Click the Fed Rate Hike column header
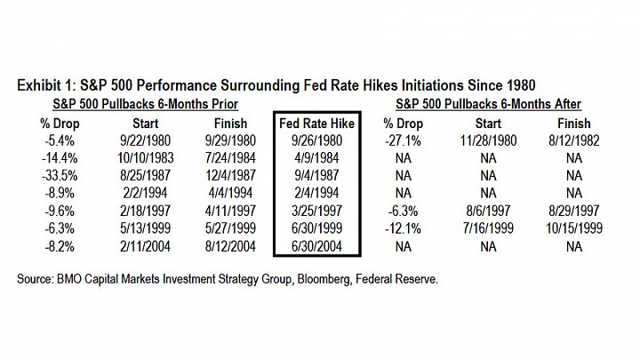tap(316, 124)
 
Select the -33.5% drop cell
tap(60, 175)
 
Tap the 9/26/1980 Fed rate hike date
tap(316, 140)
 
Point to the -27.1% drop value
tap(403, 140)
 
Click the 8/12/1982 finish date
tap(574, 140)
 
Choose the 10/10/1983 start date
tap(145, 158)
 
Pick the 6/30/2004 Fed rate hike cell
tap(316, 246)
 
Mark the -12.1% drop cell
tap(403, 228)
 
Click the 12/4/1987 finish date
tap(230, 175)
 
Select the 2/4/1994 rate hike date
tap(316, 193)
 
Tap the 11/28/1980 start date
tap(488, 140)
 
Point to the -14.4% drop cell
tap(60, 158)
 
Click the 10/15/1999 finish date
tap(574, 228)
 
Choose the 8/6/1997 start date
tap(488, 211)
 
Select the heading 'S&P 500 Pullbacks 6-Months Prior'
tap(145, 104)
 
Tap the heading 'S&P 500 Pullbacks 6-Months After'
tap(488, 104)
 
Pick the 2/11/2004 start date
tap(145, 246)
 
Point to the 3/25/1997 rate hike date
tap(316, 211)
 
